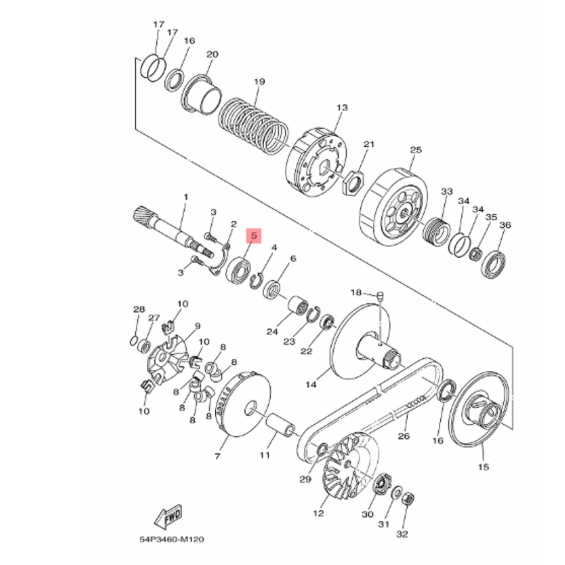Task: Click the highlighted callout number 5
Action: point(253,236)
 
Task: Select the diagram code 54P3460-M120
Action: point(172,539)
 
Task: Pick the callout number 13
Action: point(342,108)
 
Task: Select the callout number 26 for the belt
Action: point(404,436)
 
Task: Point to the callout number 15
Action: point(483,467)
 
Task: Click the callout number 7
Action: point(217,456)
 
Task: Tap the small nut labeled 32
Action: point(408,499)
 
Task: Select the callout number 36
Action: point(505,225)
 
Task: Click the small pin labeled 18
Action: point(380,297)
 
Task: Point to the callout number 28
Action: point(138,309)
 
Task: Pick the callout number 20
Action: point(212,54)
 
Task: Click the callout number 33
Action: point(446,191)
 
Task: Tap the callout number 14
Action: point(311,384)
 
